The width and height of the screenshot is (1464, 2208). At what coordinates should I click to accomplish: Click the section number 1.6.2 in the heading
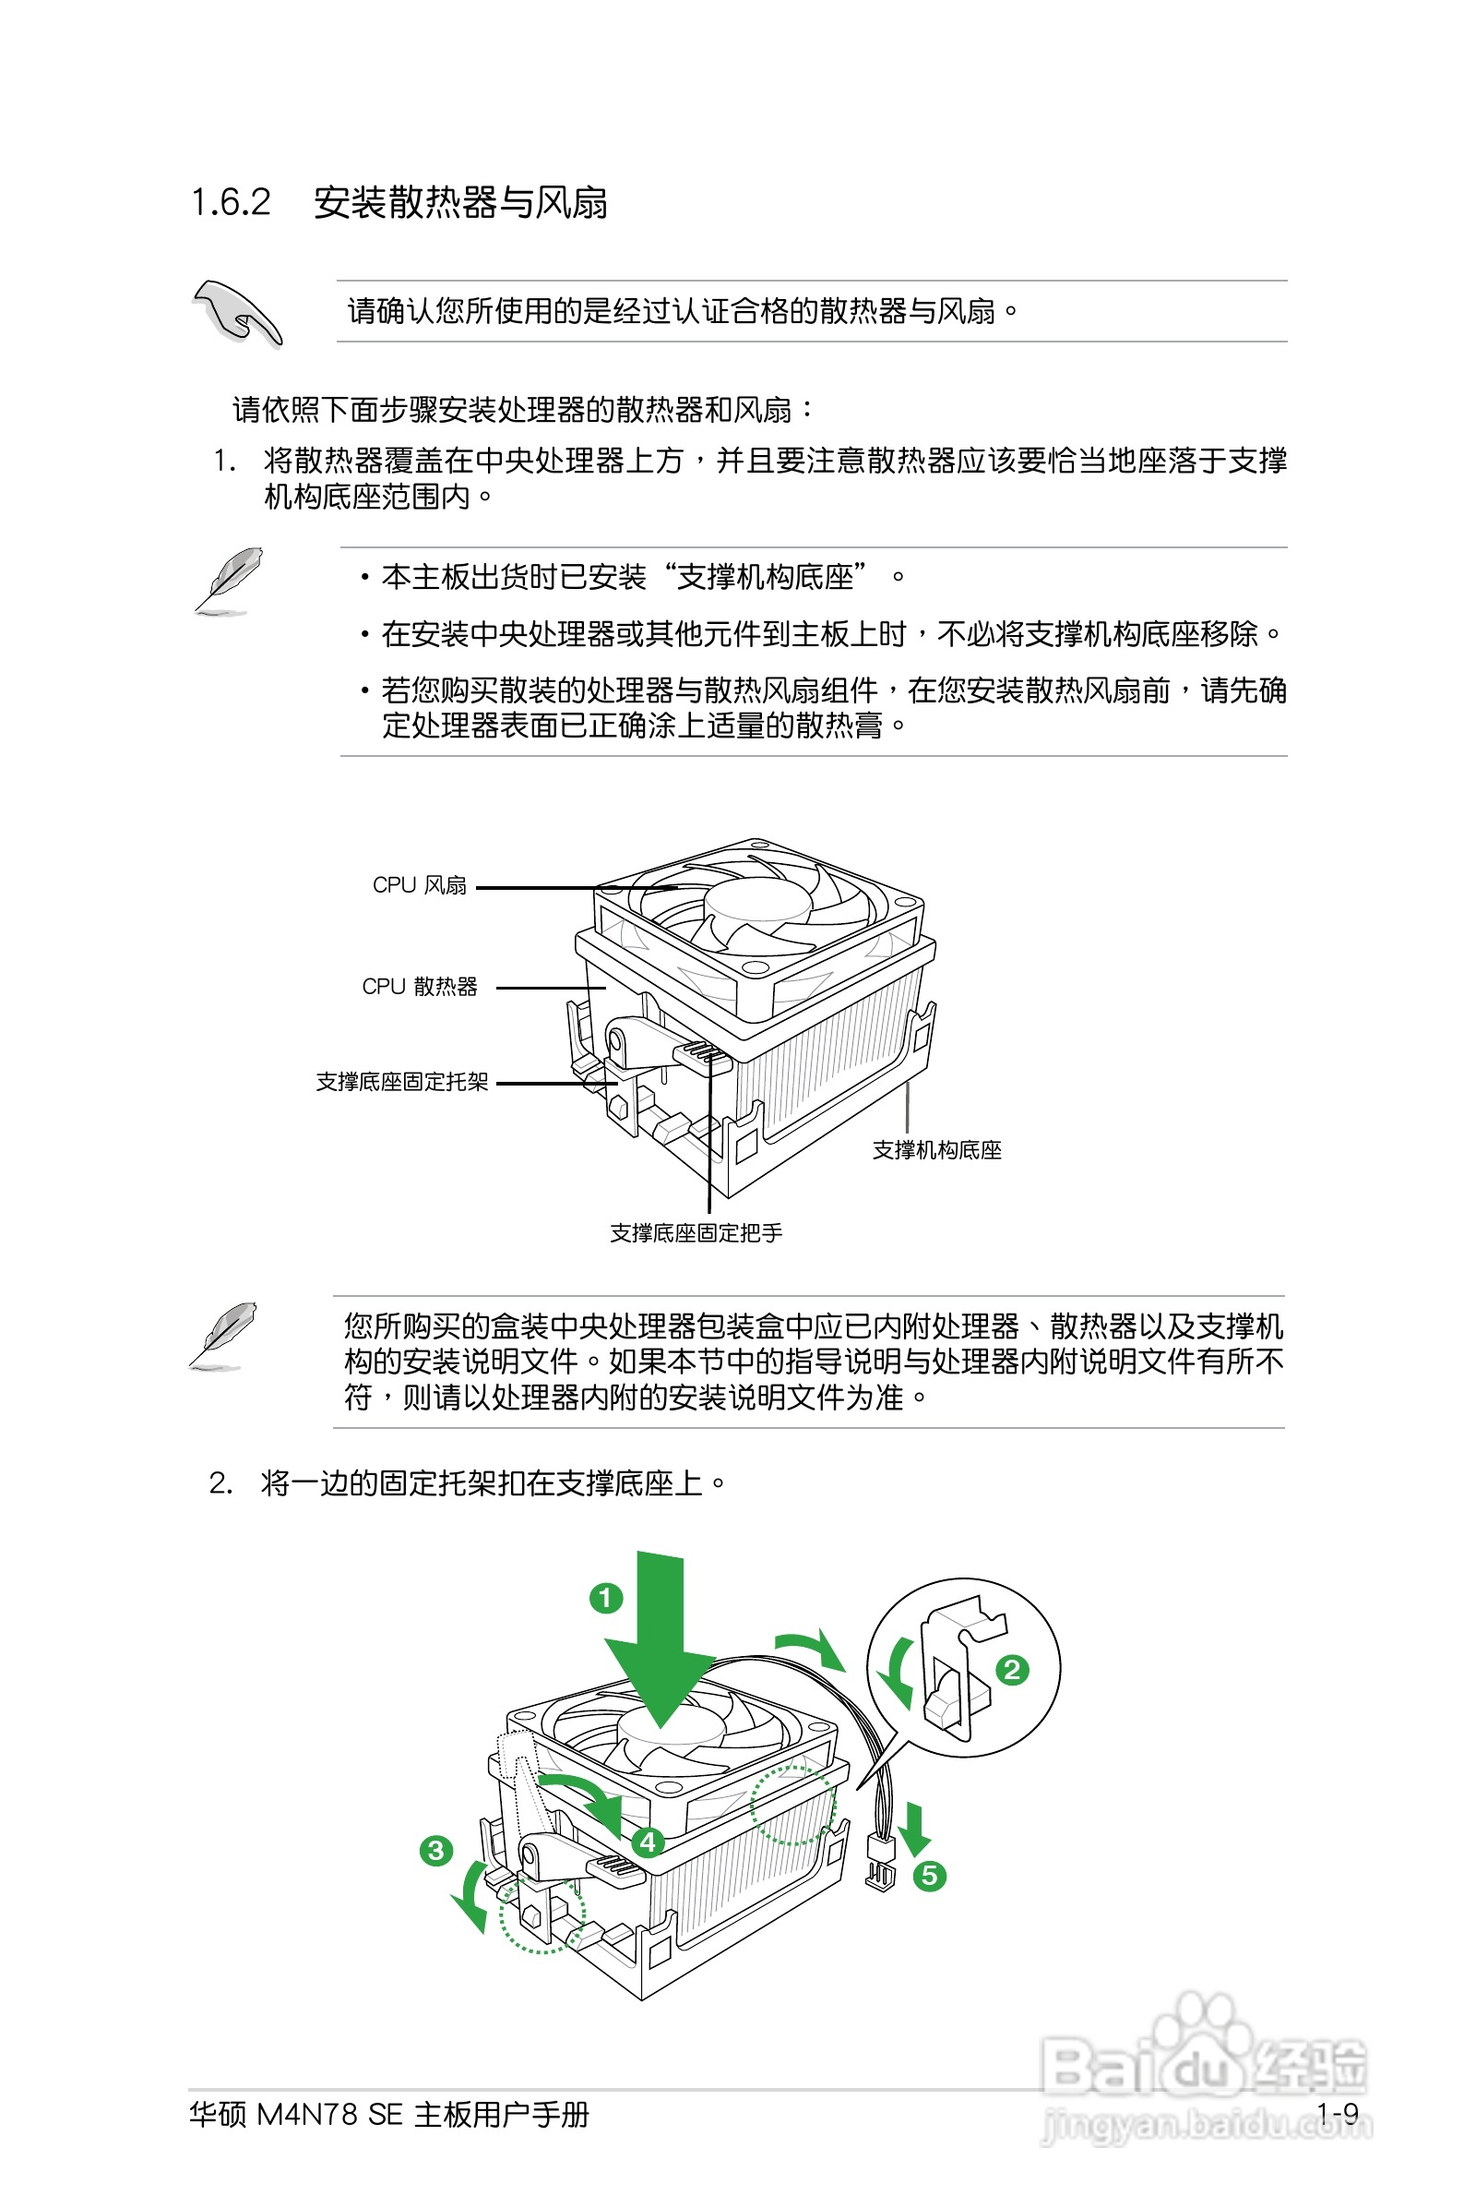click(231, 203)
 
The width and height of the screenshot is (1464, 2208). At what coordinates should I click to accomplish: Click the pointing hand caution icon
click(237, 312)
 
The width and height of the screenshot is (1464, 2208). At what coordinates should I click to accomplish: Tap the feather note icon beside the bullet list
click(227, 580)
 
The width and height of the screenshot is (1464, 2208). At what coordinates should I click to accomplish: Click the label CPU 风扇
click(419, 885)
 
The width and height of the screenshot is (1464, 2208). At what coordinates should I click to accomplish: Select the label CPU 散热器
click(419, 987)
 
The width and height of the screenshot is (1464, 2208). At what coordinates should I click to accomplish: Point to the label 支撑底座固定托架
click(401, 1082)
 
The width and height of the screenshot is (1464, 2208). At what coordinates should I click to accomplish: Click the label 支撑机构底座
click(936, 1151)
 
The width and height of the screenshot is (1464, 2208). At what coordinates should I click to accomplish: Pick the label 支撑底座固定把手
click(696, 1233)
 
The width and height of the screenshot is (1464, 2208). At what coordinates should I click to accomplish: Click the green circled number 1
click(606, 1598)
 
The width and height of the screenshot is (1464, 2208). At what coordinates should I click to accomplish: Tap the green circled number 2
click(1012, 1670)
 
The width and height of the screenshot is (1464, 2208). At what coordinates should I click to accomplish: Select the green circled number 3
click(436, 1850)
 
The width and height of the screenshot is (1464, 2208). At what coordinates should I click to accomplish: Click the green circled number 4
click(648, 1842)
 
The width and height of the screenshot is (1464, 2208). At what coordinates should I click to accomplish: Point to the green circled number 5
click(929, 1875)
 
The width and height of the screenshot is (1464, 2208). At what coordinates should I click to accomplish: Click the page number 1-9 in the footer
click(1337, 2113)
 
